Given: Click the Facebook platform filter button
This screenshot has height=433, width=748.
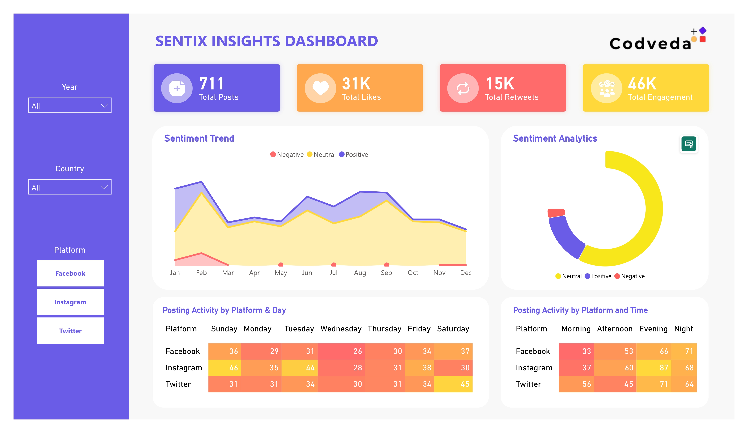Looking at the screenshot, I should [x=70, y=273].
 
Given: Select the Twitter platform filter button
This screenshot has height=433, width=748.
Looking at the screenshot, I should [x=70, y=331].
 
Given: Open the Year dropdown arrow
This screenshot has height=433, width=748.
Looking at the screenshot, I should [x=104, y=106].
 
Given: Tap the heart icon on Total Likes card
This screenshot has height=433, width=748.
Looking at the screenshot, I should [x=320, y=88].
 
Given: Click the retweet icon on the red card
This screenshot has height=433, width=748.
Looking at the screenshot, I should [x=462, y=88].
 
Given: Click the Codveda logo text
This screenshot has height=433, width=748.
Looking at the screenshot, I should [x=650, y=43].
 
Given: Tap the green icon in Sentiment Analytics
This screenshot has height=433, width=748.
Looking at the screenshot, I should [x=689, y=144].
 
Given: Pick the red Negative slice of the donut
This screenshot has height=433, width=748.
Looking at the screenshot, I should [x=556, y=213].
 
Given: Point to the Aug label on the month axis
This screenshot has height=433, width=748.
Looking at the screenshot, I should [x=360, y=273].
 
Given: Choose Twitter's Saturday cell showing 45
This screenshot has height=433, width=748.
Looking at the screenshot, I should [x=453, y=384].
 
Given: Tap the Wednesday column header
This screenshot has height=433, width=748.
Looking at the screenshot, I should [x=341, y=329].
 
